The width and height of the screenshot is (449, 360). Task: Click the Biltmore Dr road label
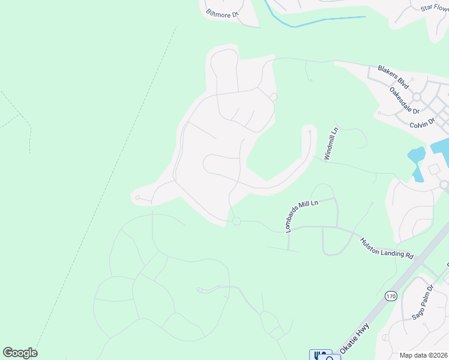click(223, 13)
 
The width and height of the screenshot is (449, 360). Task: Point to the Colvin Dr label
click(422, 124)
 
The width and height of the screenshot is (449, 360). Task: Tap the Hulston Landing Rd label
click(387, 247)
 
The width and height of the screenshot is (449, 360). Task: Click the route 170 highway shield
click(391, 296)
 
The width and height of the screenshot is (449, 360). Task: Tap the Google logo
click(20, 353)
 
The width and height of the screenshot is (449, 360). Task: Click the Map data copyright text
click(423, 355)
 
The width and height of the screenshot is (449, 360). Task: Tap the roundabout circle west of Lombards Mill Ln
click(237, 221)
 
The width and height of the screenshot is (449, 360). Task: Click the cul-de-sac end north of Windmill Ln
click(310, 131)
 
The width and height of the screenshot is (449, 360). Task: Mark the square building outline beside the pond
click(433, 169)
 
